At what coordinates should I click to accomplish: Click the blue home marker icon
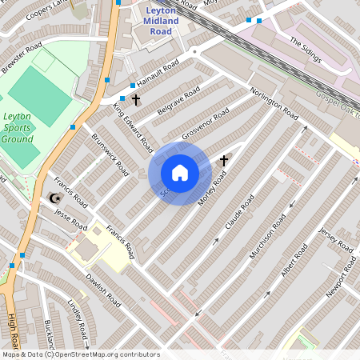click(180, 173)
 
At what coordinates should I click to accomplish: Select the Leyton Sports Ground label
click(18, 127)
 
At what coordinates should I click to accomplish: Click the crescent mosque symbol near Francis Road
click(54, 198)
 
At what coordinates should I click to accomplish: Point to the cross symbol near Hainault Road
click(136, 100)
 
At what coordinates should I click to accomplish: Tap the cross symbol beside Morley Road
click(223, 161)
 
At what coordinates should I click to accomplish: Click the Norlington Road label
click(274, 104)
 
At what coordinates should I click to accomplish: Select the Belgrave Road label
click(178, 102)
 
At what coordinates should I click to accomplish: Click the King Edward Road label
click(133, 127)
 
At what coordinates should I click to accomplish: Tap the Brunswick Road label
click(110, 154)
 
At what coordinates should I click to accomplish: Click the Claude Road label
click(239, 213)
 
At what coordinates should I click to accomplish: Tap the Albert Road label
click(294, 263)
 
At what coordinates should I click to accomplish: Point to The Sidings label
click(305, 52)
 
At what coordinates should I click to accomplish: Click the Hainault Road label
click(158, 74)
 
